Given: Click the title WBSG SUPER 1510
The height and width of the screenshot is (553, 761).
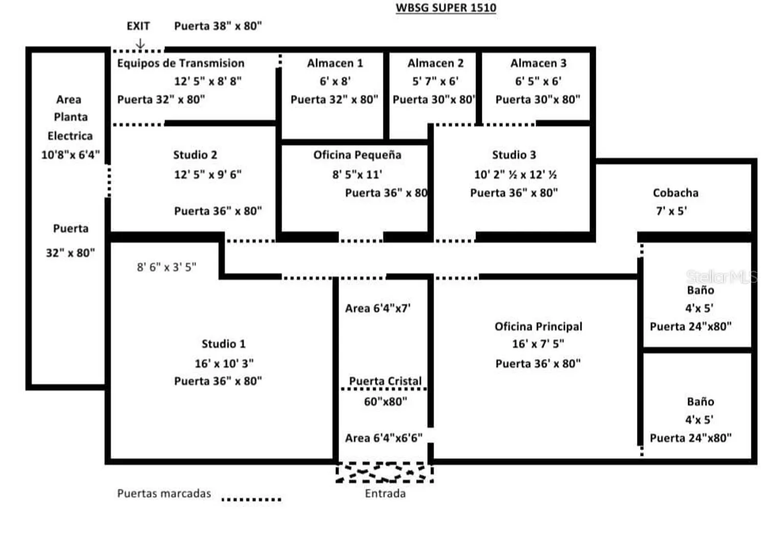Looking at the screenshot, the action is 446,8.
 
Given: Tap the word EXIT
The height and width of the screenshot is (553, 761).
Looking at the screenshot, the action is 138,26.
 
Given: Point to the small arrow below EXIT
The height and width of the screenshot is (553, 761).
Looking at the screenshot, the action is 140,44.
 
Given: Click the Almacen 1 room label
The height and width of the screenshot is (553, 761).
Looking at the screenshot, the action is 335,63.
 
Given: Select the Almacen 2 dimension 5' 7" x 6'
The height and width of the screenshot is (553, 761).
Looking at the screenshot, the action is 435,81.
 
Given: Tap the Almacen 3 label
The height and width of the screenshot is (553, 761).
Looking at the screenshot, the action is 538,63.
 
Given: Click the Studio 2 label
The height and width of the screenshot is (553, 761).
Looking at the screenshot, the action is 195,155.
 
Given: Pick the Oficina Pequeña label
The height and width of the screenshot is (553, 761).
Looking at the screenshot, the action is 357,155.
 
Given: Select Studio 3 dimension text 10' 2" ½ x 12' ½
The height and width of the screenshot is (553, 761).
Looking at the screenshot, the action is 515,175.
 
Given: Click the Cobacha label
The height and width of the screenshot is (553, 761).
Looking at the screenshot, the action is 675,193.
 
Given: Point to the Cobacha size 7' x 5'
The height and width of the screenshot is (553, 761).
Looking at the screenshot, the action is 671,211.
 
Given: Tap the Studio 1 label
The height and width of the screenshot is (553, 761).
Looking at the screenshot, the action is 224,344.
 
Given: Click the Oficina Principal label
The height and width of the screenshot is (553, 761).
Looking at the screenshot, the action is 538,327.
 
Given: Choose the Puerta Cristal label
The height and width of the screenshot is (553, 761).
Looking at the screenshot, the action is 385,381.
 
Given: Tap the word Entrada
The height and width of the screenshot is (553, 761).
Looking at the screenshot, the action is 385,494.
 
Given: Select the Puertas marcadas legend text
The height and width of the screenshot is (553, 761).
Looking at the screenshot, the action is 164,494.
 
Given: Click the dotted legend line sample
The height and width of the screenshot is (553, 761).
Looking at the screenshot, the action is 251,499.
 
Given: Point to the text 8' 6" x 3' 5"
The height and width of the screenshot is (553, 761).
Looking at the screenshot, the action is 166,267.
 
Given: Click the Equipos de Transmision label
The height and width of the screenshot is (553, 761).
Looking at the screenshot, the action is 181,63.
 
